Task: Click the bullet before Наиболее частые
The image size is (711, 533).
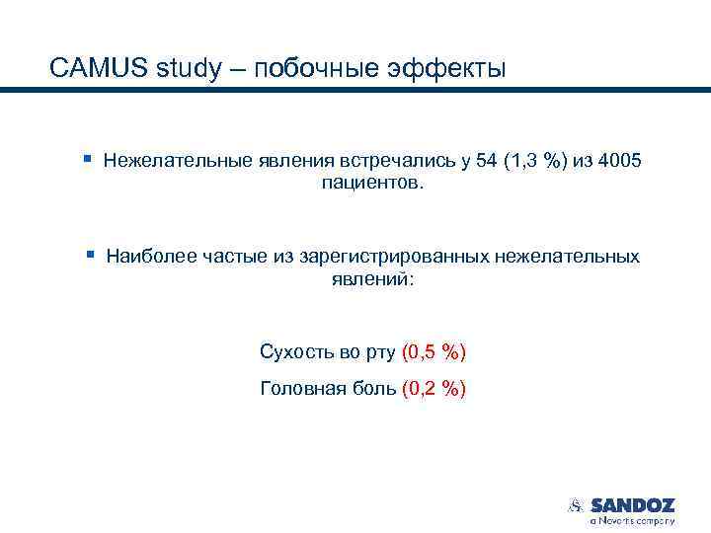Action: (x=88, y=255)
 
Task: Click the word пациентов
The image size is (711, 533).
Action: (x=372, y=184)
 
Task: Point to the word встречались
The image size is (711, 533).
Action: (x=395, y=160)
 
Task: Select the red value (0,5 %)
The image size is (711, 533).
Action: (x=434, y=352)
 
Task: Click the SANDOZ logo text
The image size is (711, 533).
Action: (x=632, y=504)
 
